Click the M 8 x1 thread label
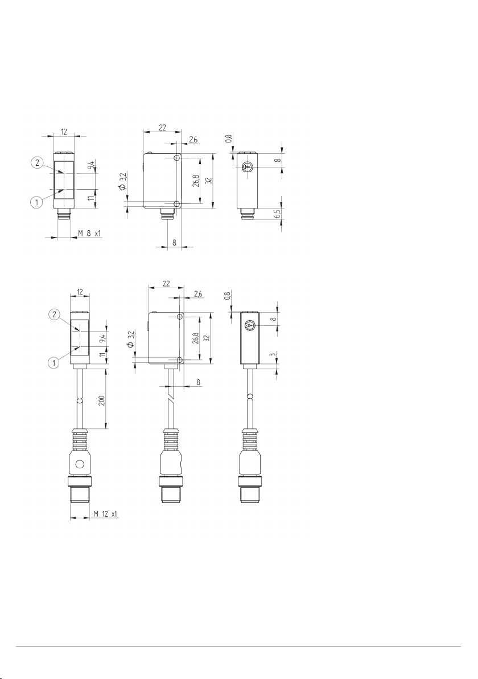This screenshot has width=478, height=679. pos(89,234)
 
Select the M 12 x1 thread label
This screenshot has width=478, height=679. pos(105,514)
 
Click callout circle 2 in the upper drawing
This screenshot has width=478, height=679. pos(37,163)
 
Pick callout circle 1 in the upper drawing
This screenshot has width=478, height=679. pos(37,201)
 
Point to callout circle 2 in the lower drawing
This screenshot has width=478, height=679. pos(54,315)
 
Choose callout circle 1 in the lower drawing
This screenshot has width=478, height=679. pos(54,363)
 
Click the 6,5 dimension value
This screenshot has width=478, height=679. pos(277,214)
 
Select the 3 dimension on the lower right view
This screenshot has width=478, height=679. pos(272,355)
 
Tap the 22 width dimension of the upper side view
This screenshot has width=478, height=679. pos(162,128)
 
